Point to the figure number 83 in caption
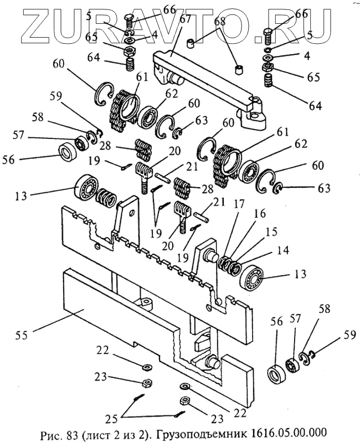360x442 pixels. pos(72,432)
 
